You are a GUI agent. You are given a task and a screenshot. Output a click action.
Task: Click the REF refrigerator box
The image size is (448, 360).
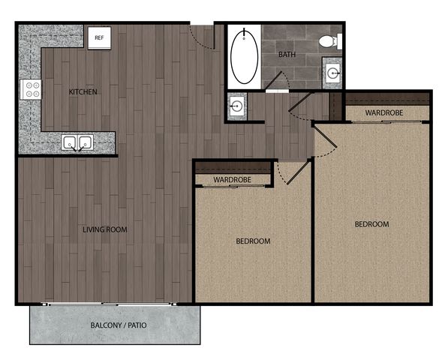99,38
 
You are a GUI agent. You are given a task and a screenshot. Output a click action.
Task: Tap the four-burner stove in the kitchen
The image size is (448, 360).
31,89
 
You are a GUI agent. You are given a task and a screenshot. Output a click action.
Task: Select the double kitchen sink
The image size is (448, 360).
77,142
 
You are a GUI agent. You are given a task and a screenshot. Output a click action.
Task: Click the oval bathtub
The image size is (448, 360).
245,56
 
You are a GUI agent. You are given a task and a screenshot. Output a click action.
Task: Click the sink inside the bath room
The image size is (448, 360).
332,73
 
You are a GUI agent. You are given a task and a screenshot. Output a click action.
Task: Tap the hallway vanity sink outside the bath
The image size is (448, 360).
237,106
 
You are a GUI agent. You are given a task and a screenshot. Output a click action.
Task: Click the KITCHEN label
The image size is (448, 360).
83,91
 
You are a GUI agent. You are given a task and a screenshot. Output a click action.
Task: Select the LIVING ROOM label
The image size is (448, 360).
105,229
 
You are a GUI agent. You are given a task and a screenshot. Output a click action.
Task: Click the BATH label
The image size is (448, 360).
287,54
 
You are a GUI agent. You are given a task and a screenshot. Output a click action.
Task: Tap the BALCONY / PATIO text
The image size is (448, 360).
119,325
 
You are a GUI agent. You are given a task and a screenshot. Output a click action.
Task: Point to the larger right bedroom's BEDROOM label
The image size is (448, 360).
371,224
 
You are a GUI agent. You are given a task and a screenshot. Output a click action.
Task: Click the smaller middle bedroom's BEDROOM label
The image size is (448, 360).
253,241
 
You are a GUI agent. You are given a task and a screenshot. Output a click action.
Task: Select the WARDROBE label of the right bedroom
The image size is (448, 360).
384,112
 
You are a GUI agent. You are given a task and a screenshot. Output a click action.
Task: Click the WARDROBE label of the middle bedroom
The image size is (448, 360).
233,179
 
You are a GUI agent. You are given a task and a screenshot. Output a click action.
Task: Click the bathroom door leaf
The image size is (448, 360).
273,80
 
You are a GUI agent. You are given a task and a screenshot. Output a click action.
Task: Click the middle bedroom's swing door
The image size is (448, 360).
299,172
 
